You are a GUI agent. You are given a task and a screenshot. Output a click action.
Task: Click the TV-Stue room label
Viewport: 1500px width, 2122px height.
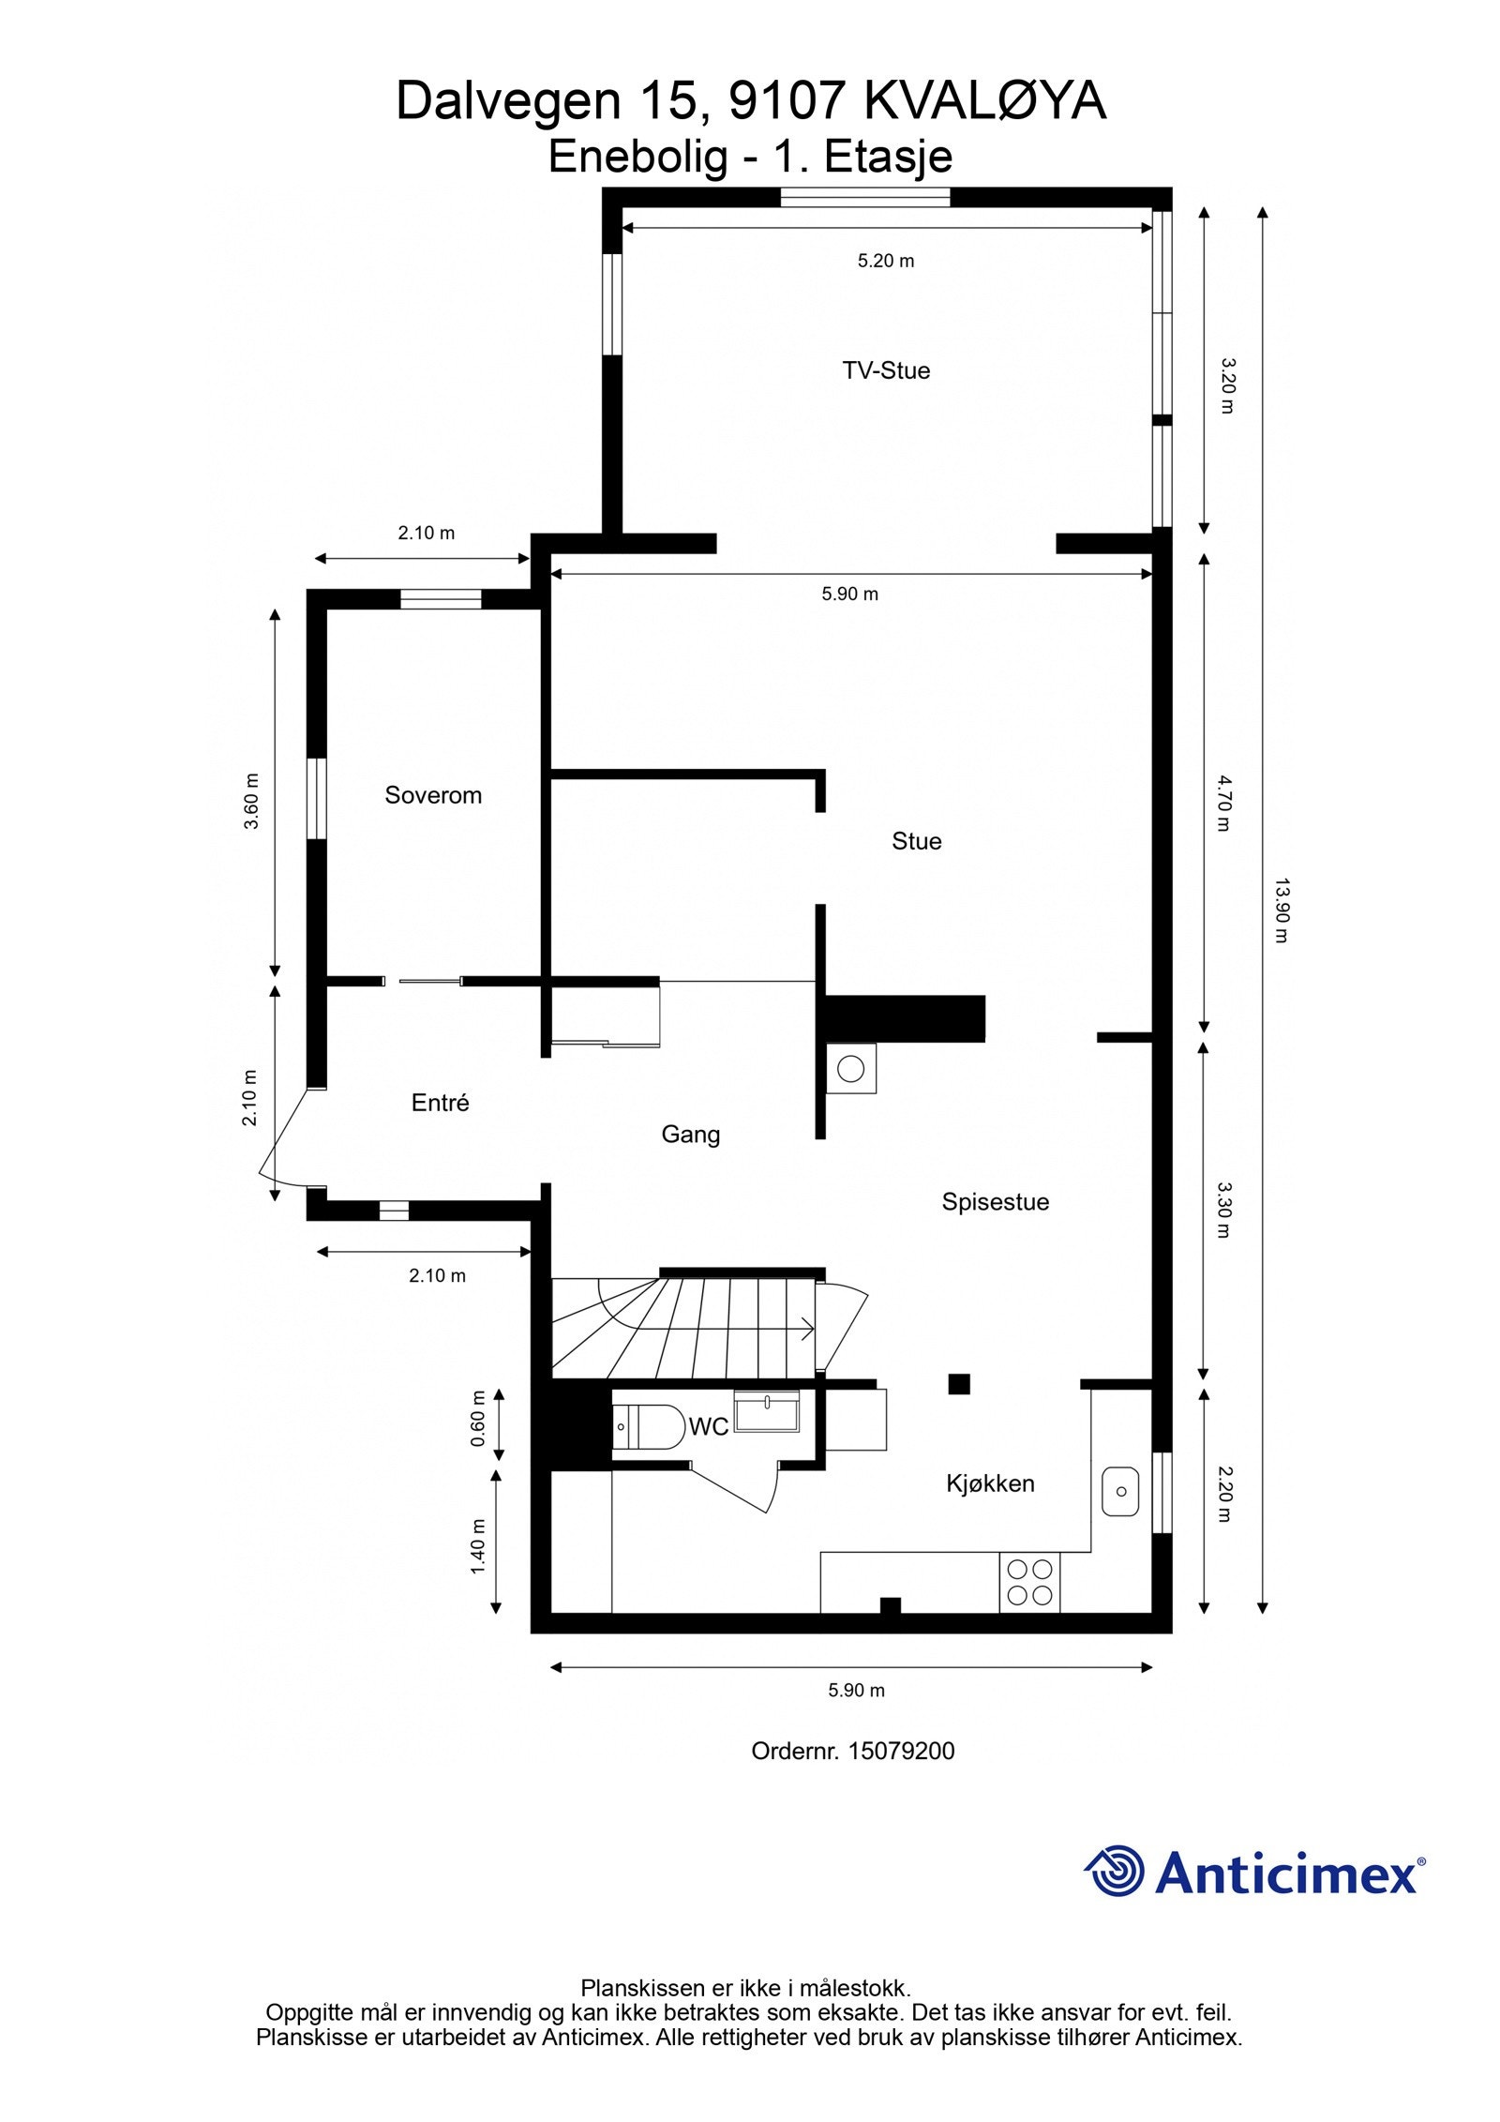click(x=885, y=370)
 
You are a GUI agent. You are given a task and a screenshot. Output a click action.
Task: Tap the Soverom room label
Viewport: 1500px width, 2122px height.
click(x=433, y=795)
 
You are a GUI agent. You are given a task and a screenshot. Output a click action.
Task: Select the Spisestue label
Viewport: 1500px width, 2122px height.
click(x=995, y=1201)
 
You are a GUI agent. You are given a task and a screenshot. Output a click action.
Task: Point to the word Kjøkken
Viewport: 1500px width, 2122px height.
click(x=990, y=1483)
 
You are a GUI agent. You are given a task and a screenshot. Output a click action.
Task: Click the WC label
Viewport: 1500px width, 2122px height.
click(x=708, y=1427)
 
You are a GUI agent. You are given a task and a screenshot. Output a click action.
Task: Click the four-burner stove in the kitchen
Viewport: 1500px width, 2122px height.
click(x=1029, y=1582)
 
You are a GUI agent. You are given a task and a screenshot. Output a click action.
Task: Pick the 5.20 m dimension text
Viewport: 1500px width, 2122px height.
click(x=885, y=261)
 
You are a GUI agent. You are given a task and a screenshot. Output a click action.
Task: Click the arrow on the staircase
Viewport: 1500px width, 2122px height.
click(x=804, y=1327)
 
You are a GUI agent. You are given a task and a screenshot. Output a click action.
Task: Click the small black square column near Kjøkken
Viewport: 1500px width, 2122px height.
click(x=958, y=1384)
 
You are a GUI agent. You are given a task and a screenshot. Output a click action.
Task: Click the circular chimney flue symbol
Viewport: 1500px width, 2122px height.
click(x=850, y=1068)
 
